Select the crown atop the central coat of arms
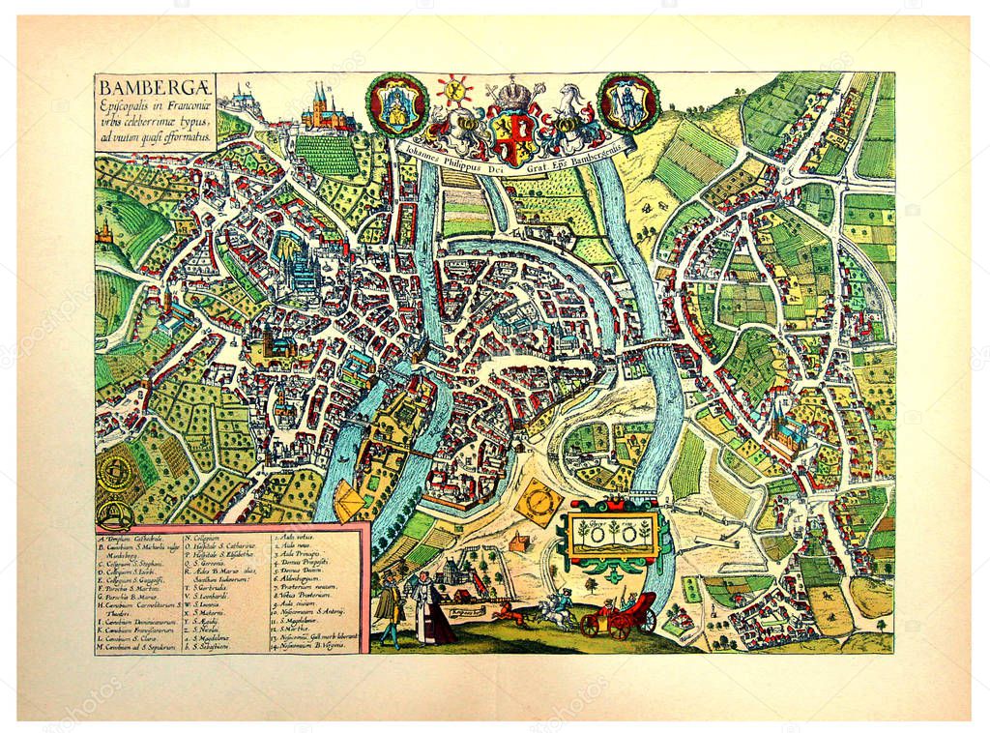(x=513, y=94)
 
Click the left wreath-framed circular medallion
(x=395, y=103)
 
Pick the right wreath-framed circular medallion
(x=628, y=102)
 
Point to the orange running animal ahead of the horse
(x=507, y=612)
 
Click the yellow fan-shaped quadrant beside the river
(x=349, y=500)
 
